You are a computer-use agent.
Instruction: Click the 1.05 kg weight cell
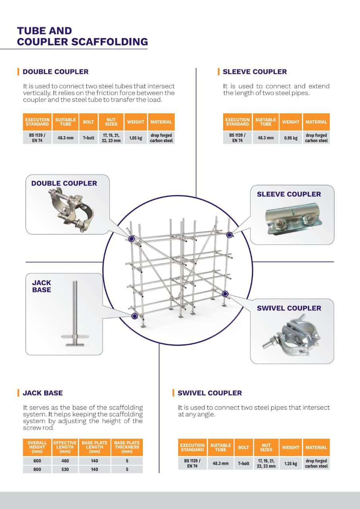click(x=136, y=138)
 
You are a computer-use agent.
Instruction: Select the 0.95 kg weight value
click(x=290, y=138)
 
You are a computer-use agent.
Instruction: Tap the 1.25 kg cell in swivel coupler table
click(x=290, y=464)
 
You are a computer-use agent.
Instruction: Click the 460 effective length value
click(x=65, y=461)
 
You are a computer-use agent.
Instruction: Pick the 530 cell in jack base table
click(x=65, y=470)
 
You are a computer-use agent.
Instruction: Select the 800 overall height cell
click(x=37, y=470)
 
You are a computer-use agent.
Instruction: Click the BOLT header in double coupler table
click(x=88, y=122)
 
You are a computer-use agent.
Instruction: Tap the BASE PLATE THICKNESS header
click(x=127, y=447)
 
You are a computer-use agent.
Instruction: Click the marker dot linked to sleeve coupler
click(x=229, y=235)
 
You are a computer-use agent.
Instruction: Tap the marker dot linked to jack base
click(x=134, y=316)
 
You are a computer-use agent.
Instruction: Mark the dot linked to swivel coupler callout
click(x=225, y=294)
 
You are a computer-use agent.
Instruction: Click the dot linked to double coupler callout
click(x=132, y=239)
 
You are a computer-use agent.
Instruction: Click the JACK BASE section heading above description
click(x=43, y=393)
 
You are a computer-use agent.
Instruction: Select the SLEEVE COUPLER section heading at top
click(x=255, y=72)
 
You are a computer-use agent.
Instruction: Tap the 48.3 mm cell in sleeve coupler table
click(x=266, y=138)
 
